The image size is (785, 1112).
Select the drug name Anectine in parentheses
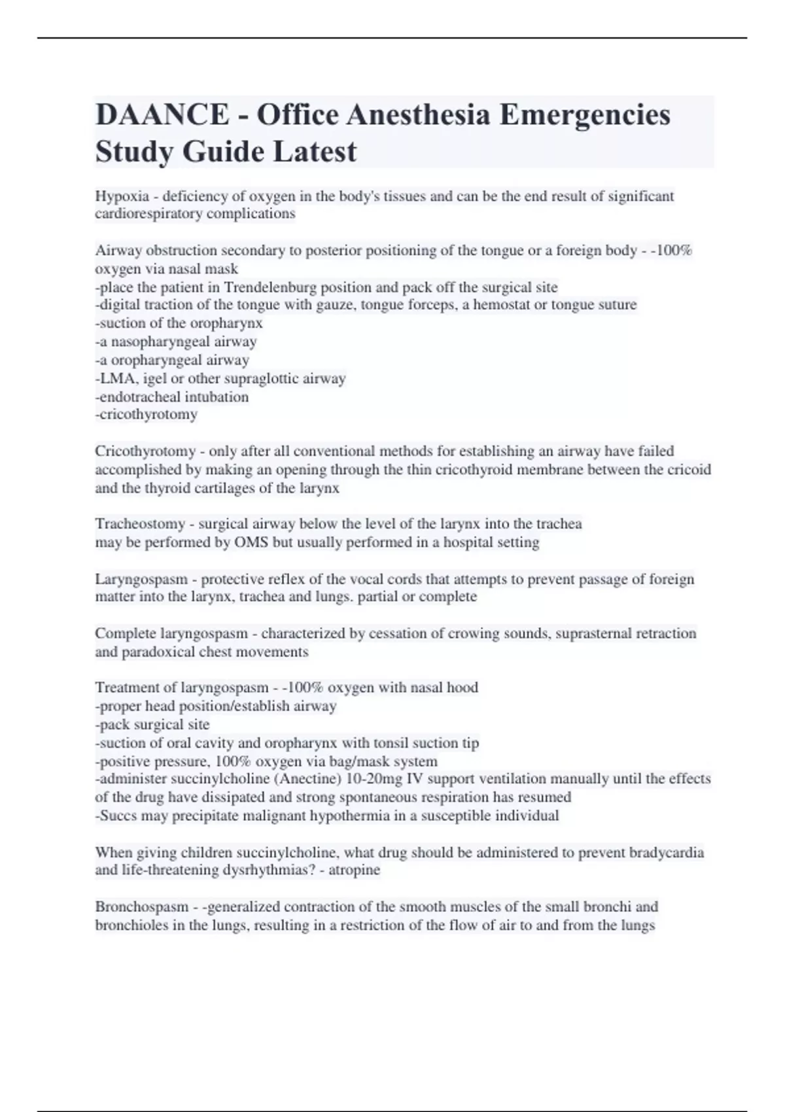tap(298, 779)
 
